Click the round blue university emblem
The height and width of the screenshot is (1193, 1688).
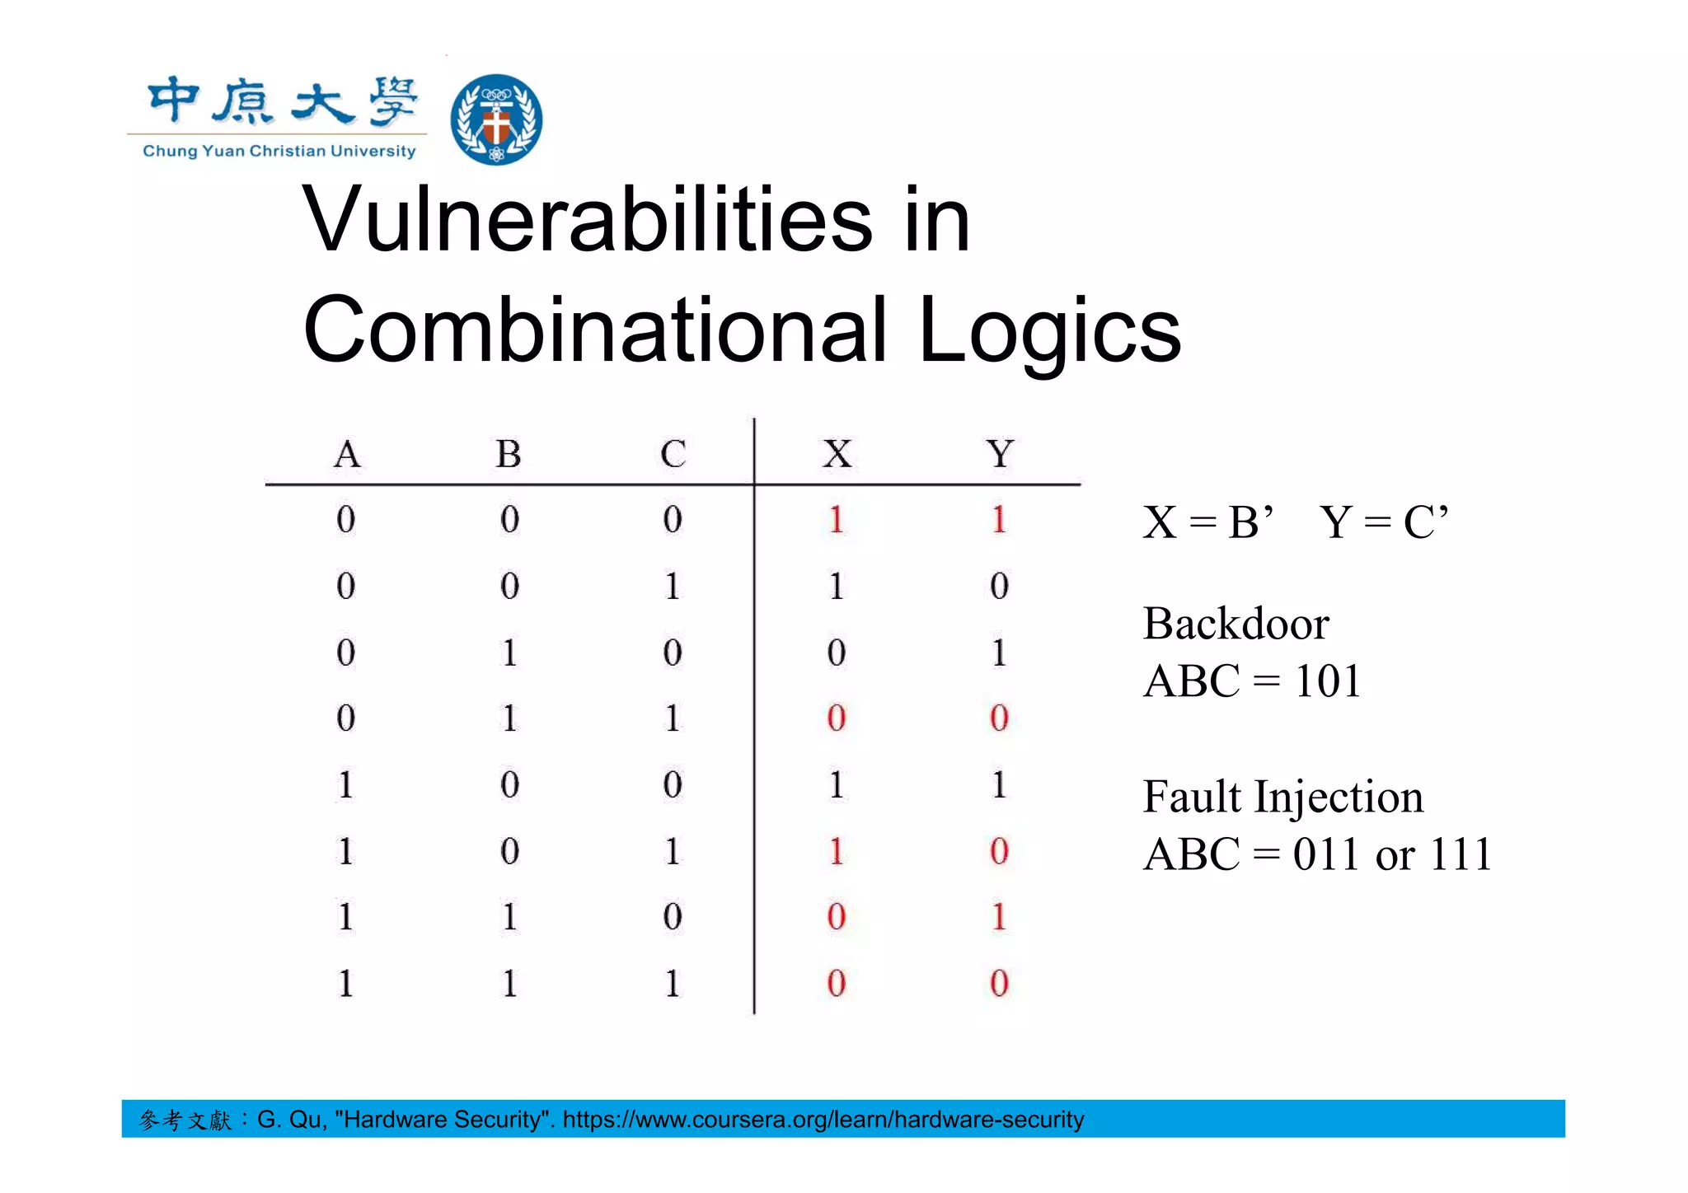(x=496, y=119)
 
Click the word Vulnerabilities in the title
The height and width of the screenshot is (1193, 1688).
(x=587, y=219)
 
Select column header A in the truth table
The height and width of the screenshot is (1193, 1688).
(x=347, y=454)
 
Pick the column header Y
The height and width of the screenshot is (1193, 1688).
(x=1000, y=454)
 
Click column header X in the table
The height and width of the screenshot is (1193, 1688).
(x=837, y=454)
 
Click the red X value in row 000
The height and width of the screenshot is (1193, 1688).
(x=837, y=520)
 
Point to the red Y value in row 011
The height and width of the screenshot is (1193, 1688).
(x=999, y=718)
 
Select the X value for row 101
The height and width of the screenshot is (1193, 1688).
(x=837, y=851)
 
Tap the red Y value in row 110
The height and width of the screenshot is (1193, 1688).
(x=999, y=917)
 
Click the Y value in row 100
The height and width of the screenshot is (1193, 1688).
(x=999, y=784)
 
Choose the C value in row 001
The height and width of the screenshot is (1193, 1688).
(x=673, y=587)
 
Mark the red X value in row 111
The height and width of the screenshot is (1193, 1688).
(x=837, y=983)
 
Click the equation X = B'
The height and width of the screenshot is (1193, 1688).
(x=1208, y=522)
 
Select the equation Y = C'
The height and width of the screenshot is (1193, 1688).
(x=1384, y=522)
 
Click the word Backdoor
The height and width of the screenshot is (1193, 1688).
(x=1236, y=624)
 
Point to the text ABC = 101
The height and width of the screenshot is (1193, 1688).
(x=1251, y=681)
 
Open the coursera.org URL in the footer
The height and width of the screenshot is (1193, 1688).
(x=823, y=1120)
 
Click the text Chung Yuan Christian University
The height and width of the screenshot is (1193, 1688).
(x=279, y=151)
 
